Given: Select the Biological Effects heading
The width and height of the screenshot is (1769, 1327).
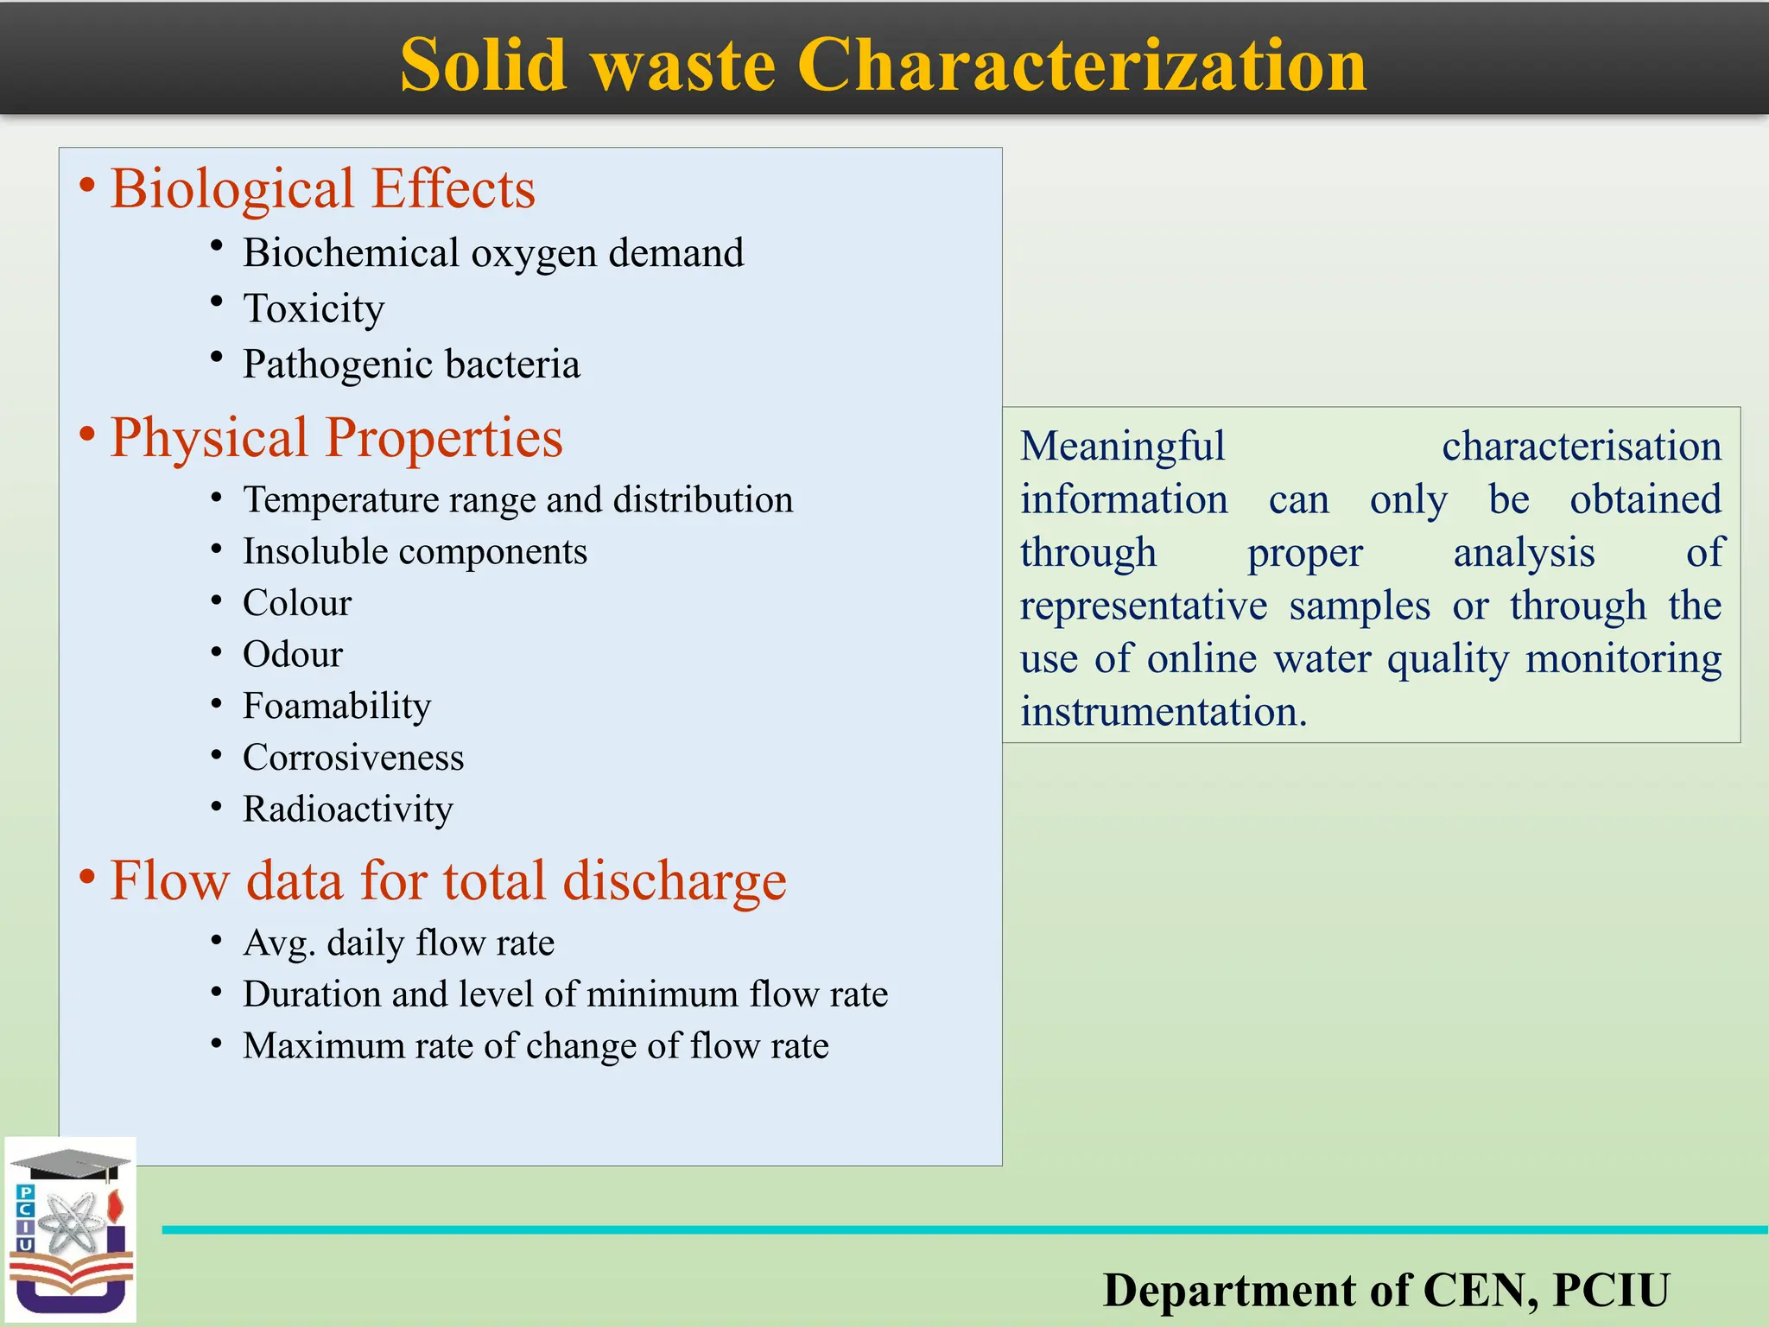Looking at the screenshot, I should (x=322, y=189).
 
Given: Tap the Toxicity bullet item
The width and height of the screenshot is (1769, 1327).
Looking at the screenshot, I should (x=313, y=308).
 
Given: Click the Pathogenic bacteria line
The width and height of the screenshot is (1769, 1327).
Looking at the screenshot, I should (x=411, y=365).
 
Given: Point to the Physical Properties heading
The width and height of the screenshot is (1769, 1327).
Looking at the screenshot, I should (x=336, y=438).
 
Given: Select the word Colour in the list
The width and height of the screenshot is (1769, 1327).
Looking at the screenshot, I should (x=297, y=603).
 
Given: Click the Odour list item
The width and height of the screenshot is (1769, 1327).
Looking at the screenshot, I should (x=293, y=655).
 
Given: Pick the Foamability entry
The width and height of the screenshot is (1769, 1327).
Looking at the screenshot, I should (x=337, y=707).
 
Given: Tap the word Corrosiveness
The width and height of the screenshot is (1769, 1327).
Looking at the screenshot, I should (x=353, y=758).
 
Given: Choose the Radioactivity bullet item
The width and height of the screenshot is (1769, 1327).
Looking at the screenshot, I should (x=347, y=810).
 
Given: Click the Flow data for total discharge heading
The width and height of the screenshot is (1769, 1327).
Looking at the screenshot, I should (x=447, y=881).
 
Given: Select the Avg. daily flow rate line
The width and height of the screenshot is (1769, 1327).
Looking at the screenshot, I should (x=398, y=943).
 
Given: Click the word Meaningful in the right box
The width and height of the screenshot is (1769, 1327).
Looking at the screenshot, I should (x=1122, y=447).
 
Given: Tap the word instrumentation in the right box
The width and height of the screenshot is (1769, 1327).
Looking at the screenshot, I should (x=1163, y=713).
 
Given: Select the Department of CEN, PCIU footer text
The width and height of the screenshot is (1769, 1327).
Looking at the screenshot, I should (x=1385, y=1290).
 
